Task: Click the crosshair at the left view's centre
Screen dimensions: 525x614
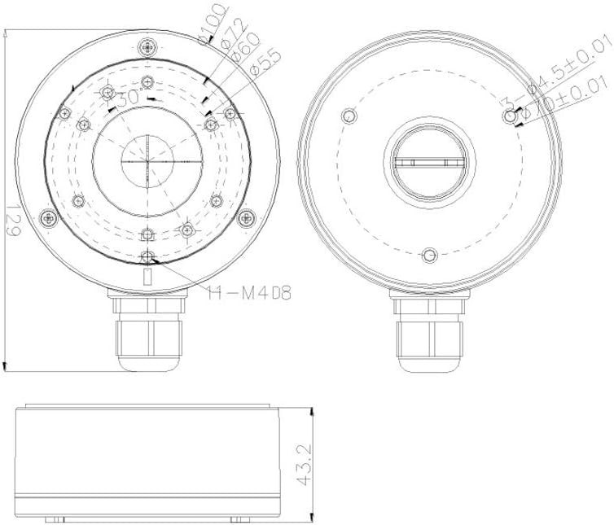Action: click(x=147, y=160)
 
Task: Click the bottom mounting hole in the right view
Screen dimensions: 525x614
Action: click(x=429, y=256)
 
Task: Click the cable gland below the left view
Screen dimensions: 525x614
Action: click(x=147, y=334)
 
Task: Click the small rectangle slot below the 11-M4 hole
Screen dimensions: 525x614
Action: click(x=147, y=277)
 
